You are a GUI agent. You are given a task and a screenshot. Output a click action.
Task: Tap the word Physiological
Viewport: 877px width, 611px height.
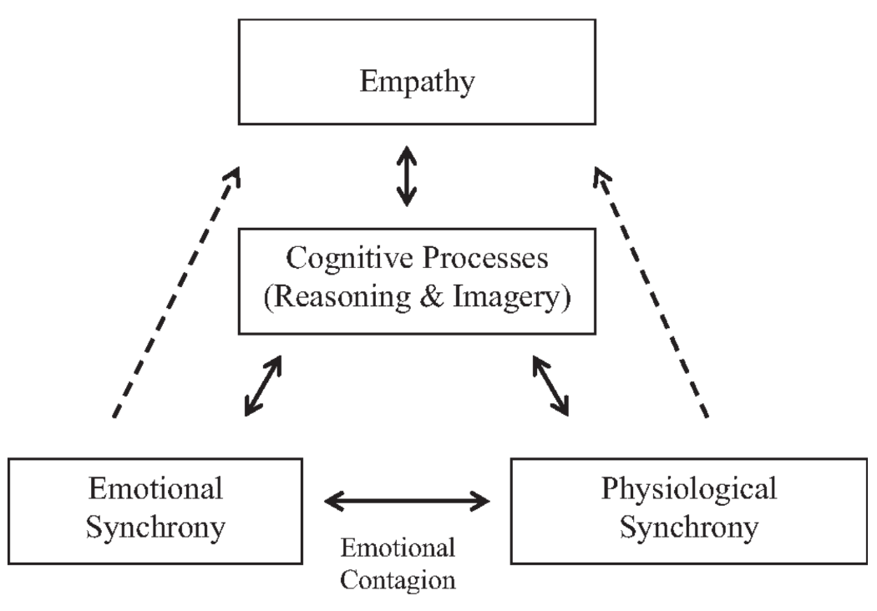point(688,488)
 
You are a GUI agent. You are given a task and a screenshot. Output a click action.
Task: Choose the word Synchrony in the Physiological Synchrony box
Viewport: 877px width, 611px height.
point(688,528)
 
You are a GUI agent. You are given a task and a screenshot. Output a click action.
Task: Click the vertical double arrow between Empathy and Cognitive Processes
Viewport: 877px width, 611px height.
point(406,176)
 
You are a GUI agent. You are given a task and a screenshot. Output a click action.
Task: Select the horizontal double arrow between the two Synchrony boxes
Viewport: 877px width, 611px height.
point(407,501)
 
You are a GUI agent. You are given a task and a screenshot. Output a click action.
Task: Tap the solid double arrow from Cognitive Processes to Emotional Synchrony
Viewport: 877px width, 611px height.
point(262,386)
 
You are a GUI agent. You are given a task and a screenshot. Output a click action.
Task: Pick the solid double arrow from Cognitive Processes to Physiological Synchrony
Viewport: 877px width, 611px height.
point(551,386)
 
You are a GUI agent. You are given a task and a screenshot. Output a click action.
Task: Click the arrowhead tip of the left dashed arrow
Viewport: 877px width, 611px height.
point(238,167)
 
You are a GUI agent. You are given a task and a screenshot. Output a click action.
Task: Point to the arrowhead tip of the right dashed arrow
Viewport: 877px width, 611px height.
point(596,167)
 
